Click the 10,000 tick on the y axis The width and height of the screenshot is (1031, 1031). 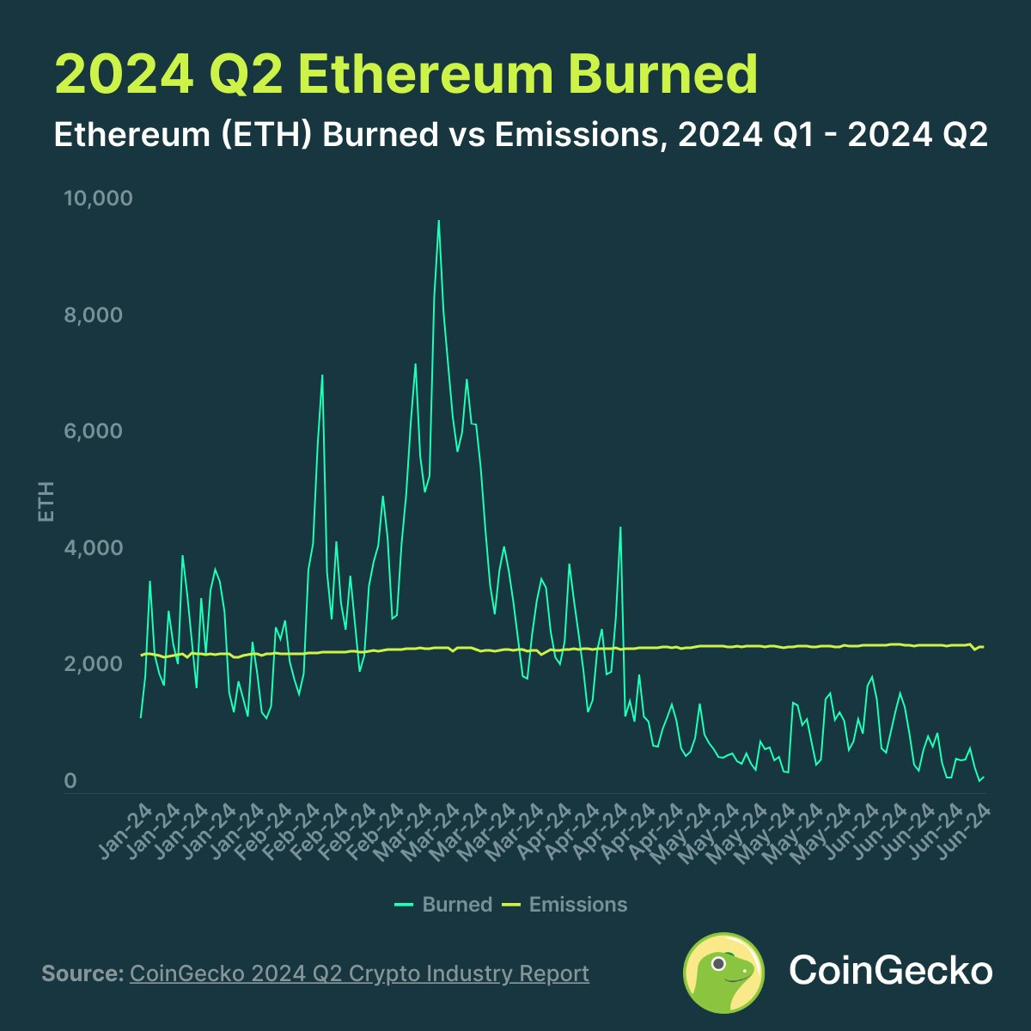pos(98,198)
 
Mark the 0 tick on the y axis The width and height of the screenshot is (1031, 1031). pos(70,781)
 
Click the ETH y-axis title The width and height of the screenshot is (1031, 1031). pos(46,502)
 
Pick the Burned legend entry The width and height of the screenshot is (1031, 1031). pos(456,905)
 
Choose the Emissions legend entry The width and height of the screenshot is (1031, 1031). pos(577,905)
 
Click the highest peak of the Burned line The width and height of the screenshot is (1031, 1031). pos(438,221)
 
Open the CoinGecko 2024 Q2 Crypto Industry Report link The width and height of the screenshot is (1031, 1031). pos(359,973)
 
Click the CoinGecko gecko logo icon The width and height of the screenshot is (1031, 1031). pos(723,973)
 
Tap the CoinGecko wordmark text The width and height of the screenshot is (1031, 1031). pos(890,971)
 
